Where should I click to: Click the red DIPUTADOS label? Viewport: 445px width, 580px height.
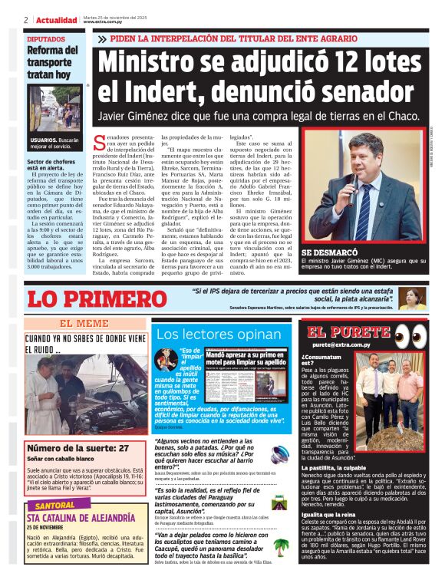pos(46,38)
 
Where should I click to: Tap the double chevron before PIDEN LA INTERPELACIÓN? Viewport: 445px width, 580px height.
pos(103,38)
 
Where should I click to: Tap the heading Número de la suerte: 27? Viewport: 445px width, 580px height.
pos(77,447)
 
